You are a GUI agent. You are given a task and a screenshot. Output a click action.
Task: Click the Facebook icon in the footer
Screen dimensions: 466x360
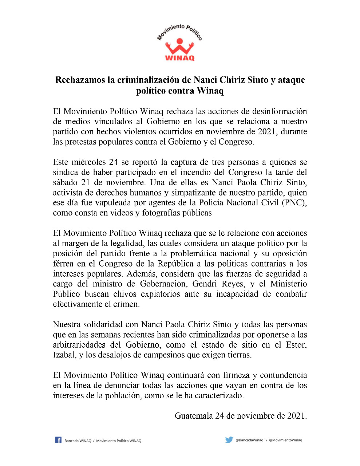(58, 440)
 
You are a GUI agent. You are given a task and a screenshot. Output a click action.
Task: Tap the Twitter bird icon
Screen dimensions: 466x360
(229, 440)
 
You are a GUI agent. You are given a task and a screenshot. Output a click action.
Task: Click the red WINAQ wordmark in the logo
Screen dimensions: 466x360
(180, 58)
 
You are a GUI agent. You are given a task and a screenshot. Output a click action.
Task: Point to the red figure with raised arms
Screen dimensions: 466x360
(179, 46)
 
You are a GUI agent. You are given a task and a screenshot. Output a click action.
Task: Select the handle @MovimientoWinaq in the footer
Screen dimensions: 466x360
(285, 440)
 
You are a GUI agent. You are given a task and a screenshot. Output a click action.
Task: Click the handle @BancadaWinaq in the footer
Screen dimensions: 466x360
(249, 440)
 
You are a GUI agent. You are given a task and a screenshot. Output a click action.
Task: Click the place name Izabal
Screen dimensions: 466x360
(64, 355)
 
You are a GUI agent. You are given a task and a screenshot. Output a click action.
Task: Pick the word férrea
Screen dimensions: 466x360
(63, 264)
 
